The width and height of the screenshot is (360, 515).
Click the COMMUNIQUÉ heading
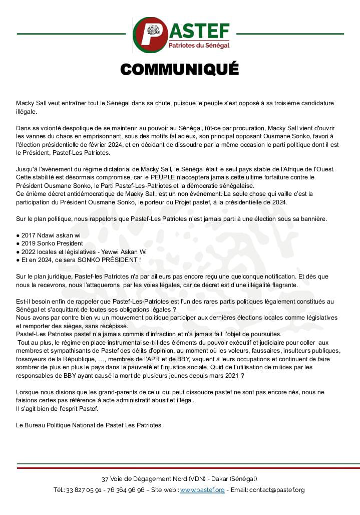(180, 69)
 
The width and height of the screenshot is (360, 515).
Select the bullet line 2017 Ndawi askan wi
(51, 235)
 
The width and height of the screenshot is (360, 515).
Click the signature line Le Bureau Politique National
(90, 425)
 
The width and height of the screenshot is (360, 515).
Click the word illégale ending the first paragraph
(27, 111)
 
